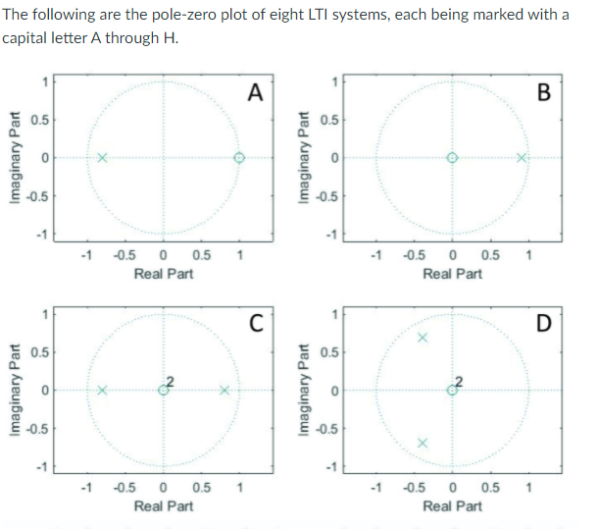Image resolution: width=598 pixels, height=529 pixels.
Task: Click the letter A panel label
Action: tap(256, 93)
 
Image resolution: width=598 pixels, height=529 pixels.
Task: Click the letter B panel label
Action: tap(545, 93)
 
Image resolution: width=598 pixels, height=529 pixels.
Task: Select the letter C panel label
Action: tap(256, 324)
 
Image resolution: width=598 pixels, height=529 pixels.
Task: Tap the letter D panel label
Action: tap(545, 324)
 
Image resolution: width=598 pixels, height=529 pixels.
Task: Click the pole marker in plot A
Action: tap(102, 158)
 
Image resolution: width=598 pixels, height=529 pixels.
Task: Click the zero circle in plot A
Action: tap(238, 158)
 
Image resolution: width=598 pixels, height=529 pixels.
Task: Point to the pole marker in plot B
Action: tap(523, 158)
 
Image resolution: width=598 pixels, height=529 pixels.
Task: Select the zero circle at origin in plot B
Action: tap(452, 158)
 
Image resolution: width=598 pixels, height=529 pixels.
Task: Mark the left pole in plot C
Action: tap(102, 390)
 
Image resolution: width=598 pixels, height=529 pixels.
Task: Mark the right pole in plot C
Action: tap(224, 390)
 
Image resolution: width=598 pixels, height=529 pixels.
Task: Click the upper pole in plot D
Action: tap(423, 338)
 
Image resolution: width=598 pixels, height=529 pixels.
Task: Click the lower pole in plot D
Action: tap(423, 443)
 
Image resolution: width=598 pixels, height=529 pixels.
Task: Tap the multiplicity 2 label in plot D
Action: tap(458, 381)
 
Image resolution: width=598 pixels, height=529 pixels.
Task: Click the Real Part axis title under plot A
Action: tap(163, 274)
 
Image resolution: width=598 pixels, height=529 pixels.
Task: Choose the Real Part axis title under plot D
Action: tap(452, 505)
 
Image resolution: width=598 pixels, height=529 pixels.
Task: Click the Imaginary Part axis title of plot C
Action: tap(12, 390)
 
